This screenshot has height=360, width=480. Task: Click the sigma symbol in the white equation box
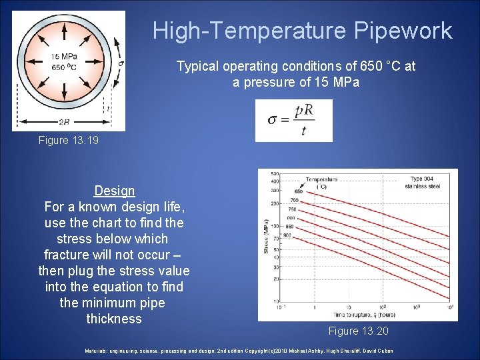click(272, 120)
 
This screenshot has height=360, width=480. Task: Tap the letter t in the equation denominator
click(303, 131)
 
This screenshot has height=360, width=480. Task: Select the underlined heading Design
click(114, 191)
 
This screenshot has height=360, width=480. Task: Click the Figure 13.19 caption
click(69, 140)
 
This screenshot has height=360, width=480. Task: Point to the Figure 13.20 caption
click(358, 331)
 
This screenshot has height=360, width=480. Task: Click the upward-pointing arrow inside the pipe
click(65, 32)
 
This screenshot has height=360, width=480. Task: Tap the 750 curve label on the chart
click(291, 209)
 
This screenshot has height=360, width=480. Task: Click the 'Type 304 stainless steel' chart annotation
click(425, 182)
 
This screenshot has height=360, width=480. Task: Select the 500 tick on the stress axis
click(274, 173)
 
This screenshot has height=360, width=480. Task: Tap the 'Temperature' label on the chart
click(321, 179)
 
